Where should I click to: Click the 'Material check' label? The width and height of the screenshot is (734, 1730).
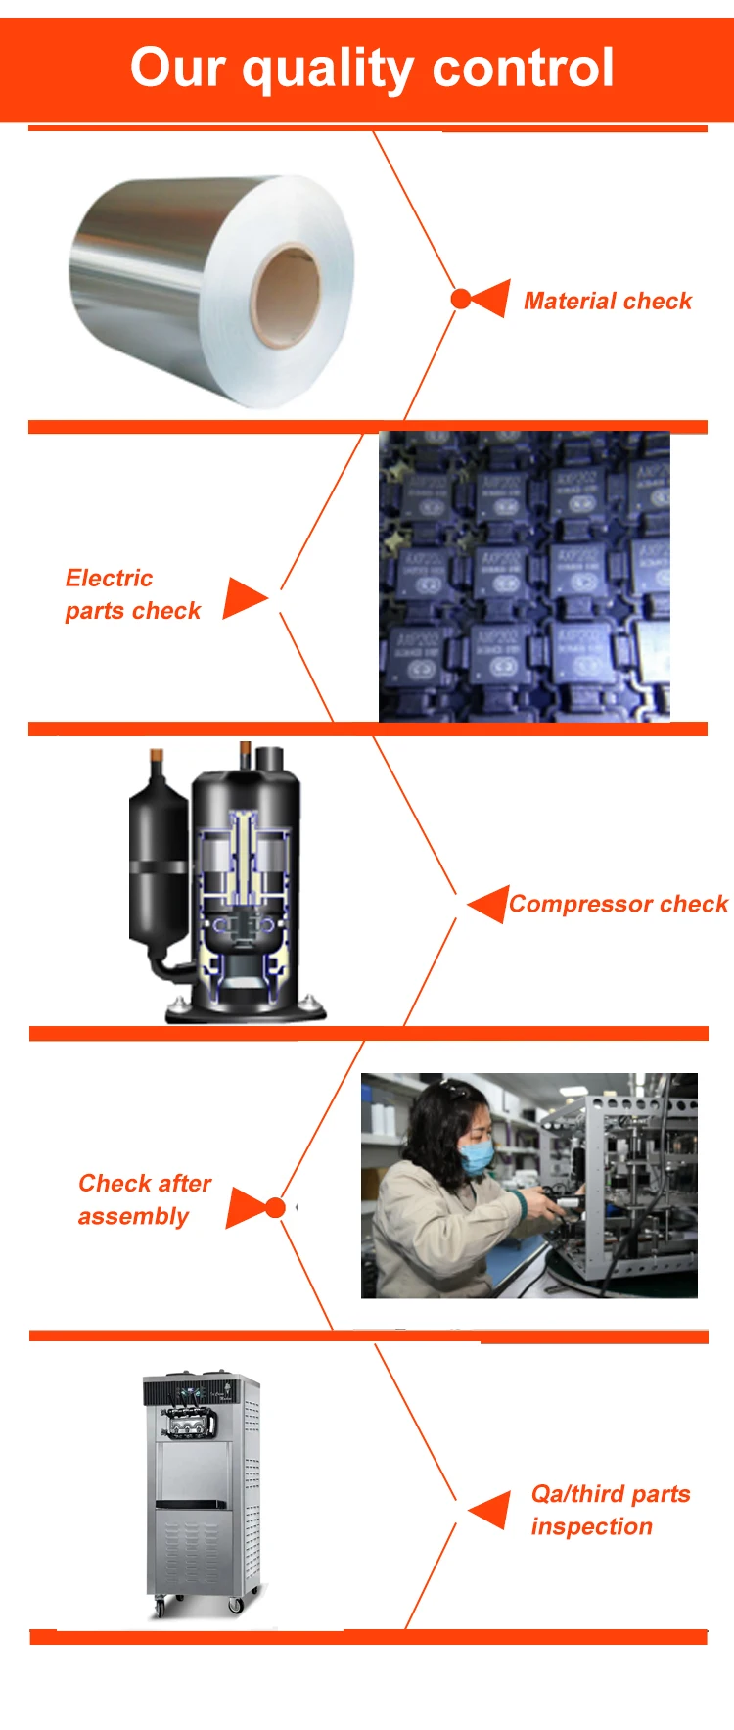pos(607,301)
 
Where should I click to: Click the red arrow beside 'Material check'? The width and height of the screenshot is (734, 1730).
pos(489,299)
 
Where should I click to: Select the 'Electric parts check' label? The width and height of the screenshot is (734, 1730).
pos(132,594)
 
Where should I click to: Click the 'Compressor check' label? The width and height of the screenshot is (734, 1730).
pos(619,904)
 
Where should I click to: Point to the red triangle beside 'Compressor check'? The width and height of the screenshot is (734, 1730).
pos(487,904)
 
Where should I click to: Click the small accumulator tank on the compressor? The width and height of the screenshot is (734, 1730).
pos(157,862)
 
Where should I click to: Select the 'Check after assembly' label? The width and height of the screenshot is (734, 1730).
pos(143,1199)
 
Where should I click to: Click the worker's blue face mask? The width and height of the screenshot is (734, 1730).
pos(478,1157)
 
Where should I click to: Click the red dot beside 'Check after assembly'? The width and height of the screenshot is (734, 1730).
pos(276,1208)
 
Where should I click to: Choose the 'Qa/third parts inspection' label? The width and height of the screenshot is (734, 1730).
pos(610,1510)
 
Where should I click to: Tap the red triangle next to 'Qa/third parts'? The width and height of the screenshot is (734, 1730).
pos(489,1511)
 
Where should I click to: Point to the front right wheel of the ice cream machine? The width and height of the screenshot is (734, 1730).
pos(235,1605)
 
